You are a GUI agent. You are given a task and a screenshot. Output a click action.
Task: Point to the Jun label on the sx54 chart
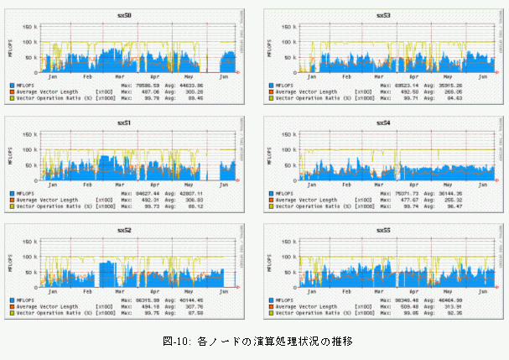(x=480, y=185)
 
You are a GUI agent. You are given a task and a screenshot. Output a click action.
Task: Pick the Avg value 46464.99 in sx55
(x=456, y=299)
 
